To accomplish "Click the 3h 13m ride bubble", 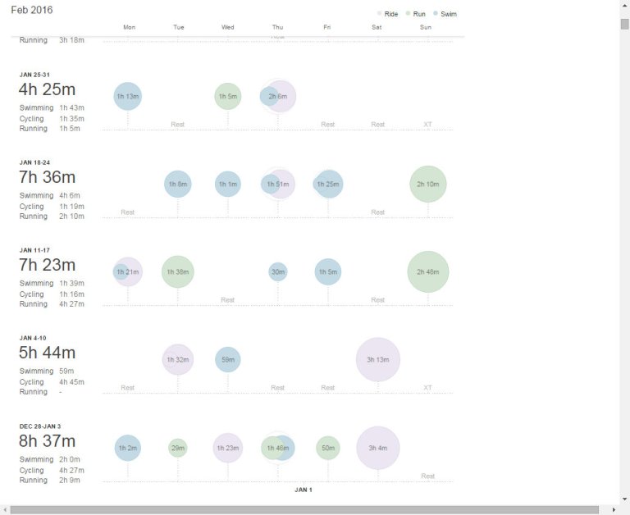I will (x=377, y=359).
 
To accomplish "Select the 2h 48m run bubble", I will (x=427, y=271).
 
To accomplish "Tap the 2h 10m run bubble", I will (x=427, y=184).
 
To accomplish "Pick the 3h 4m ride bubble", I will (x=377, y=448).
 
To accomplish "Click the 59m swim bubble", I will (x=228, y=359).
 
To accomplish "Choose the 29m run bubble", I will (x=178, y=448).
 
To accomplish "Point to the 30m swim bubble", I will (x=278, y=271).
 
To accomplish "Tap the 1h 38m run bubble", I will (x=178, y=271).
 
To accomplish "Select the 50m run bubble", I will (x=327, y=448).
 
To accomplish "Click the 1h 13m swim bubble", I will (x=128, y=96).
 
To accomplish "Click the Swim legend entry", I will (x=445, y=14).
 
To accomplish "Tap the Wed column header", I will (x=228, y=27).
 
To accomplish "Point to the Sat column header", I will (x=377, y=27).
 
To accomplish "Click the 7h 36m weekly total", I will (x=47, y=177).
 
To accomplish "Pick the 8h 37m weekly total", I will (x=47, y=441).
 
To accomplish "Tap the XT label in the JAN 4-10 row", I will (x=427, y=388).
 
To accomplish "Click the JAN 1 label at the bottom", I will (x=304, y=490).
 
